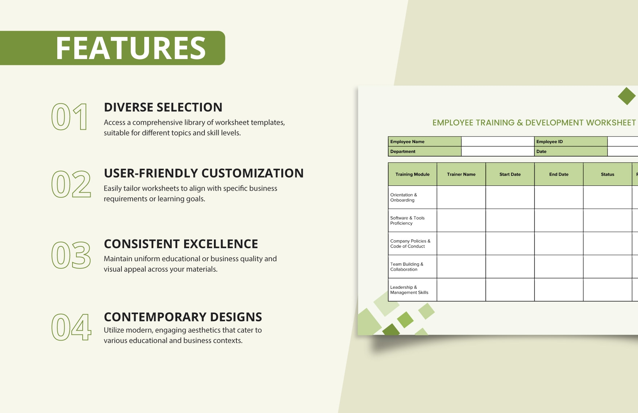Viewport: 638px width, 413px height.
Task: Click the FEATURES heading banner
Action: point(112,48)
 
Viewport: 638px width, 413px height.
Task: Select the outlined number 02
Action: point(71,184)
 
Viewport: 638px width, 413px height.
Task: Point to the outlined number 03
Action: point(71,255)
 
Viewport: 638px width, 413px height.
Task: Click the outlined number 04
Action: point(71,327)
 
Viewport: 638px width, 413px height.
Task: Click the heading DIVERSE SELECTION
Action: point(163,107)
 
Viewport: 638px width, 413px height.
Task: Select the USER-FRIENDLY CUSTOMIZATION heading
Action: point(204,173)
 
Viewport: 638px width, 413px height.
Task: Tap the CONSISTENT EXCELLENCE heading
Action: point(181,244)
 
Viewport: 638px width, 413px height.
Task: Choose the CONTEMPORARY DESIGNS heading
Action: point(183,317)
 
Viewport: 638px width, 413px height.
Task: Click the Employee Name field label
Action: point(407,142)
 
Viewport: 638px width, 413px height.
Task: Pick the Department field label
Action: point(403,151)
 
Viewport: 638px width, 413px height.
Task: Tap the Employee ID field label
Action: point(550,142)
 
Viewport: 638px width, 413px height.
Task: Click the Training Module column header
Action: point(413,174)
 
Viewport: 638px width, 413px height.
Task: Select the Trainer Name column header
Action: point(461,174)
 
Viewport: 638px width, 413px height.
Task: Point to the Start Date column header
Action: point(510,174)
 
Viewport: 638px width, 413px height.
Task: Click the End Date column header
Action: point(559,174)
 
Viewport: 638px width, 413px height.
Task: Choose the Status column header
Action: point(608,174)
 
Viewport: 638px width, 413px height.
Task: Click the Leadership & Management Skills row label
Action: point(409,290)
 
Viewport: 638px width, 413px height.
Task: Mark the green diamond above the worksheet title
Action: point(627,96)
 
